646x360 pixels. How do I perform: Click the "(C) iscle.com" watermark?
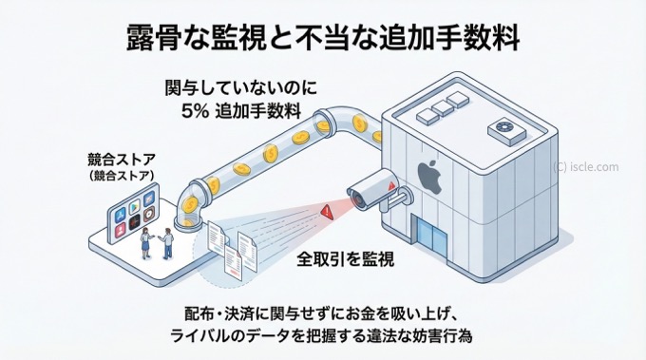(586, 166)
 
